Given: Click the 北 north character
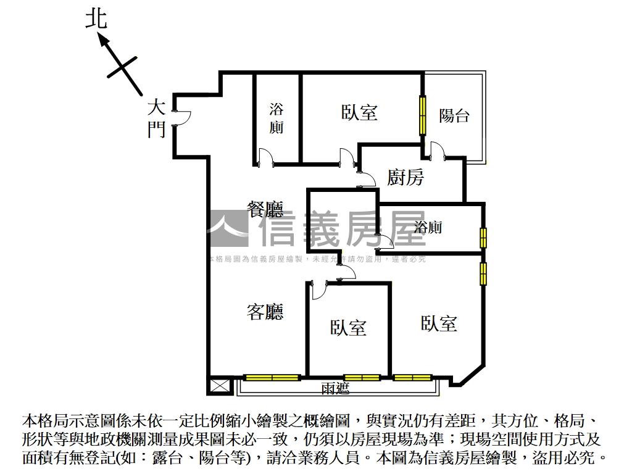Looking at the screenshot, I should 96,19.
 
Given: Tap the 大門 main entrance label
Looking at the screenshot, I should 156,119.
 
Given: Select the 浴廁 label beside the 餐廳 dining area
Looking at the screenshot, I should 276,118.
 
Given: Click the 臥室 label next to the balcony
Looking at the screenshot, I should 359,112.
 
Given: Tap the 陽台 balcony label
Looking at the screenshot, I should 454,115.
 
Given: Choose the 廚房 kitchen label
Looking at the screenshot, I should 405,178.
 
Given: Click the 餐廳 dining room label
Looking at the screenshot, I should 265,210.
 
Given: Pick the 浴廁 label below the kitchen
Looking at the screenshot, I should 428,227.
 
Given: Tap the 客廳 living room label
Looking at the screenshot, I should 265,312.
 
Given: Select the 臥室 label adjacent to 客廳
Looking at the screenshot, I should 348,328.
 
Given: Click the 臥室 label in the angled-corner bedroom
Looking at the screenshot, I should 439,323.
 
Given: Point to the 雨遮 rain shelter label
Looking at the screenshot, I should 336,388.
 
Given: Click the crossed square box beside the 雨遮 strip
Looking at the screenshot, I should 218,386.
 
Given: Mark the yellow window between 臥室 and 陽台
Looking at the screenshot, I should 423,115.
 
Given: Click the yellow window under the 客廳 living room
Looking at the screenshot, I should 272,377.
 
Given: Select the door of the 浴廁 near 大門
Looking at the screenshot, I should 265,158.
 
